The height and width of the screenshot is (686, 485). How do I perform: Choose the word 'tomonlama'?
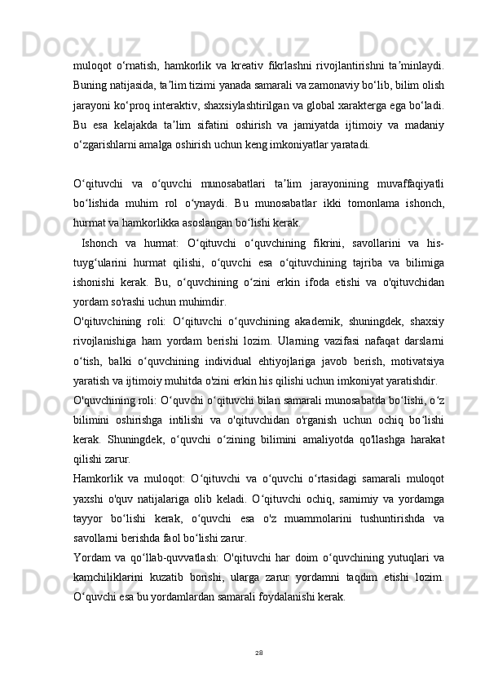point(338,199)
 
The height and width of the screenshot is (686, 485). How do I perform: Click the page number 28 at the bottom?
point(260,652)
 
